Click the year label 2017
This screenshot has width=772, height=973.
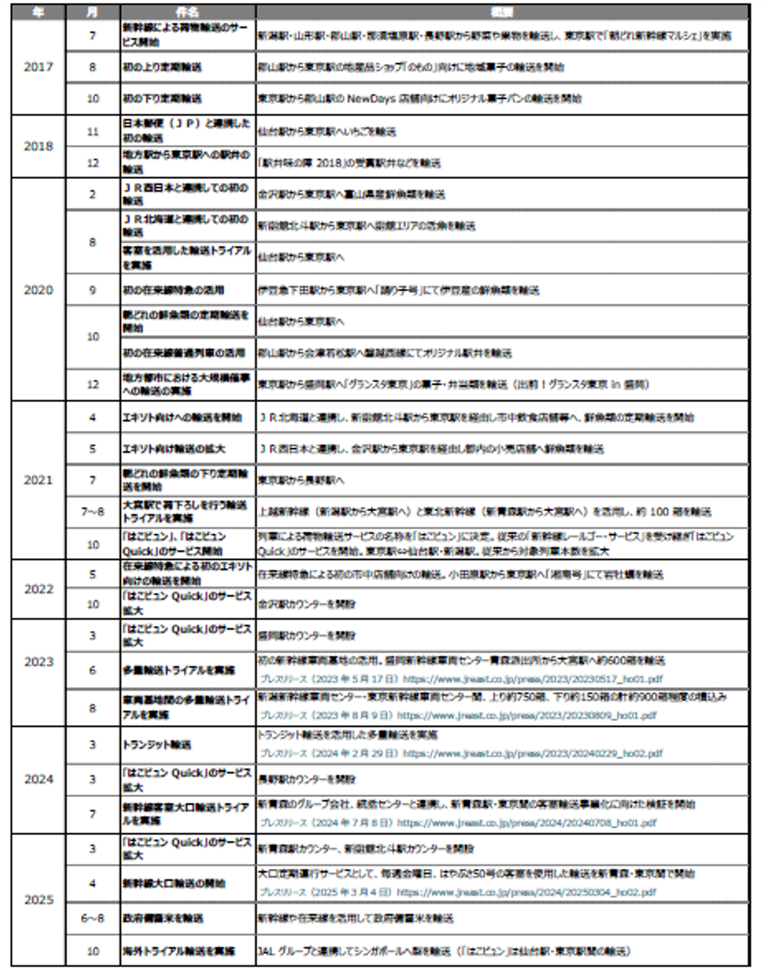pos(38,67)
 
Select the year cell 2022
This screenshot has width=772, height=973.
pos(38,589)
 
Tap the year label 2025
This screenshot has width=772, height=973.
pos(38,900)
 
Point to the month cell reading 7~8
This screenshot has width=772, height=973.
pos(92,512)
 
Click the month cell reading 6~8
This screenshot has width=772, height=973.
pos(92,918)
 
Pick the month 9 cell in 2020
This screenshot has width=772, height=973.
pos(92,290)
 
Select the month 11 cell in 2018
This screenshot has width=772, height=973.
pos(92,132)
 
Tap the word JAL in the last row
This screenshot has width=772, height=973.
pos(266,951)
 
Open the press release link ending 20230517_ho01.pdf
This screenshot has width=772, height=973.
pos(532,679)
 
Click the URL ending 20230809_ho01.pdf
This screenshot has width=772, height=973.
pos(526,715)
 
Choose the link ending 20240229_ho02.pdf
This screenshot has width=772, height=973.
pos(532,753)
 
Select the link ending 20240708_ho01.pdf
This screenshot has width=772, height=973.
pos(526,823)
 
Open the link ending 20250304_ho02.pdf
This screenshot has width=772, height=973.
pos(526,892)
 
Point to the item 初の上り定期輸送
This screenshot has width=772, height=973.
pos(161,67)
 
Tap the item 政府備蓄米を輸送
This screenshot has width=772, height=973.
pos(162,918)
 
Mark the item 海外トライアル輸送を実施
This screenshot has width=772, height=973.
pos(178,951)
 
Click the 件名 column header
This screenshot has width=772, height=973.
pos(187,12)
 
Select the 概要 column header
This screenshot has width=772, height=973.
pos(502,12)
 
